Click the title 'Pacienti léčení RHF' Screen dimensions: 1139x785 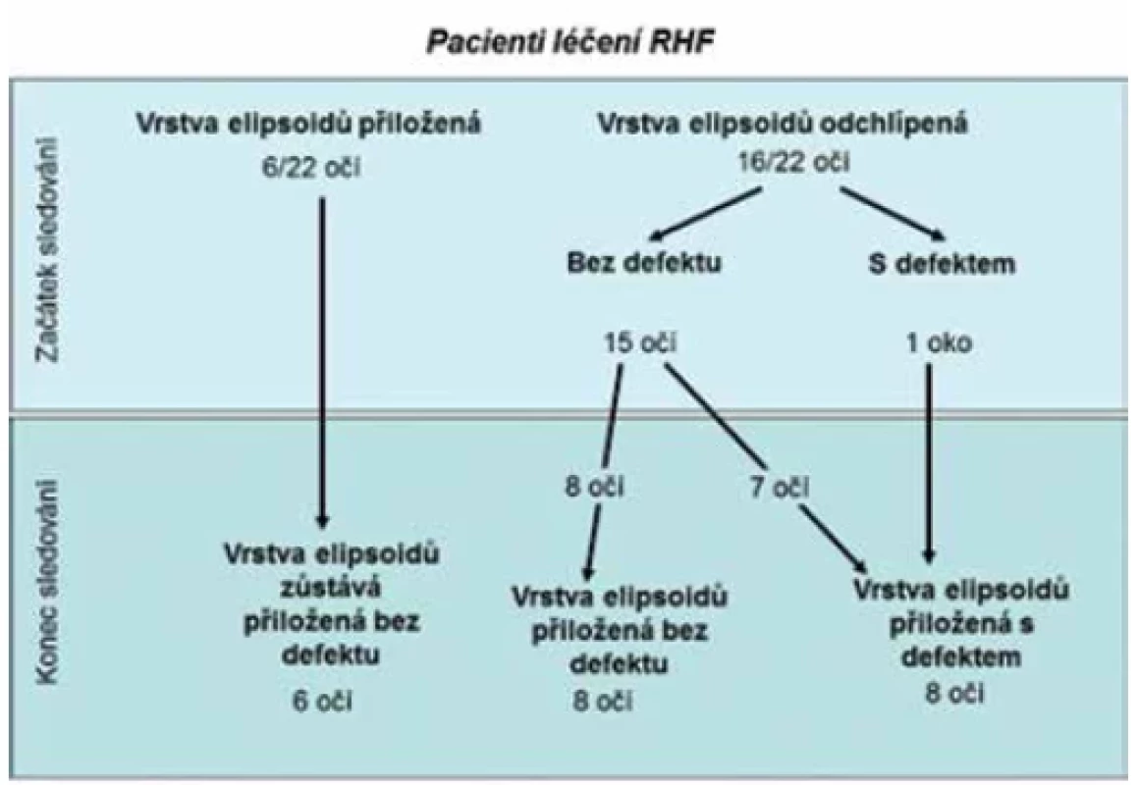570,41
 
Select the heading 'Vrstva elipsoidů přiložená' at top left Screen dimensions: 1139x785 308,124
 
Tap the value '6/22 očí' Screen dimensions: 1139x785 311,168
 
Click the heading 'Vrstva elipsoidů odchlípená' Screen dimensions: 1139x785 783,124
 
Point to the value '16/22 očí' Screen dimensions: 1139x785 793,161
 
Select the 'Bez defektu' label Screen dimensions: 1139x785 644,261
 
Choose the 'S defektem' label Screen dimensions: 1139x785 942,263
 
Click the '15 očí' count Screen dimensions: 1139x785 640,342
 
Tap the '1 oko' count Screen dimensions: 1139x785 939,342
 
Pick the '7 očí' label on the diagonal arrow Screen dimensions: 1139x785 779,487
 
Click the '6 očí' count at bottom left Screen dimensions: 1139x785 322,701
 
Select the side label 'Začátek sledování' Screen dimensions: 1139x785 49,249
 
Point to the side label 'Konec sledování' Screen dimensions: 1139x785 48,581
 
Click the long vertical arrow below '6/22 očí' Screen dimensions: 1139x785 322,363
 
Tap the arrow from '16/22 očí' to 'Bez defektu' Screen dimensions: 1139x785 706,214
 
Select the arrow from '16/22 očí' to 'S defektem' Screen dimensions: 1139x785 893,214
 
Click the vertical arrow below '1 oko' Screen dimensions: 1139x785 928,463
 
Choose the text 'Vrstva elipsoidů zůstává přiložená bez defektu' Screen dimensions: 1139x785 331,604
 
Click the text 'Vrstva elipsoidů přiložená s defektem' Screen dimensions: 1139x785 960,623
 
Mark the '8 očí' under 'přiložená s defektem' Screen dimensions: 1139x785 954,693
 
